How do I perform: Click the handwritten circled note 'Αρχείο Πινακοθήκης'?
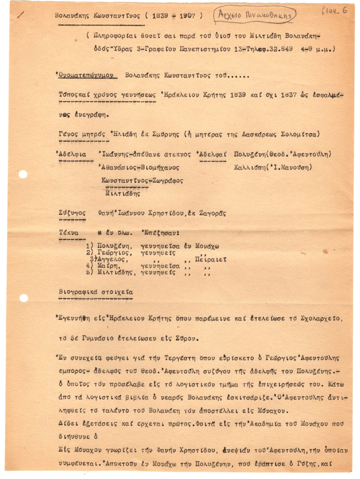point(255,16)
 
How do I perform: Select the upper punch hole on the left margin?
point(23,174)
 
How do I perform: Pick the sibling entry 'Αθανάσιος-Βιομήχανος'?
point(138,168)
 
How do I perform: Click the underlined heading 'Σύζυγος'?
point(72,214)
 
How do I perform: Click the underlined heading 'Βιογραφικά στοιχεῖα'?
point(95,292)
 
